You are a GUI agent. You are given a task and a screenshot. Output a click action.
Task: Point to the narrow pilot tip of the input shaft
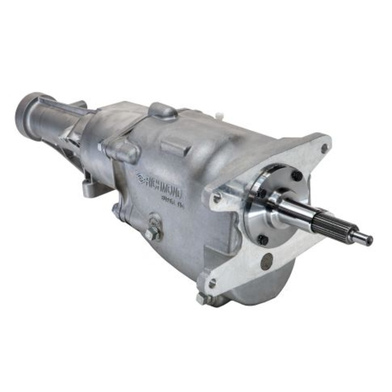(x=362, y=239)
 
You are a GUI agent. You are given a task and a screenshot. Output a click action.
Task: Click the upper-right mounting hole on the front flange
(x=323, y=147)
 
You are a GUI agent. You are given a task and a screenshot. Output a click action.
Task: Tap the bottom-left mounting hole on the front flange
(x=212, y=283)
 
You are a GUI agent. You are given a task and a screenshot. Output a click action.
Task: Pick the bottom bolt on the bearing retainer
(x=263, y=240)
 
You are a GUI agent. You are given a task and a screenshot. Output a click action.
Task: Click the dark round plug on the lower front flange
(x=267, y=262)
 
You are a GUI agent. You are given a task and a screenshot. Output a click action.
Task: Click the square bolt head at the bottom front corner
(x=202, y=297)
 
